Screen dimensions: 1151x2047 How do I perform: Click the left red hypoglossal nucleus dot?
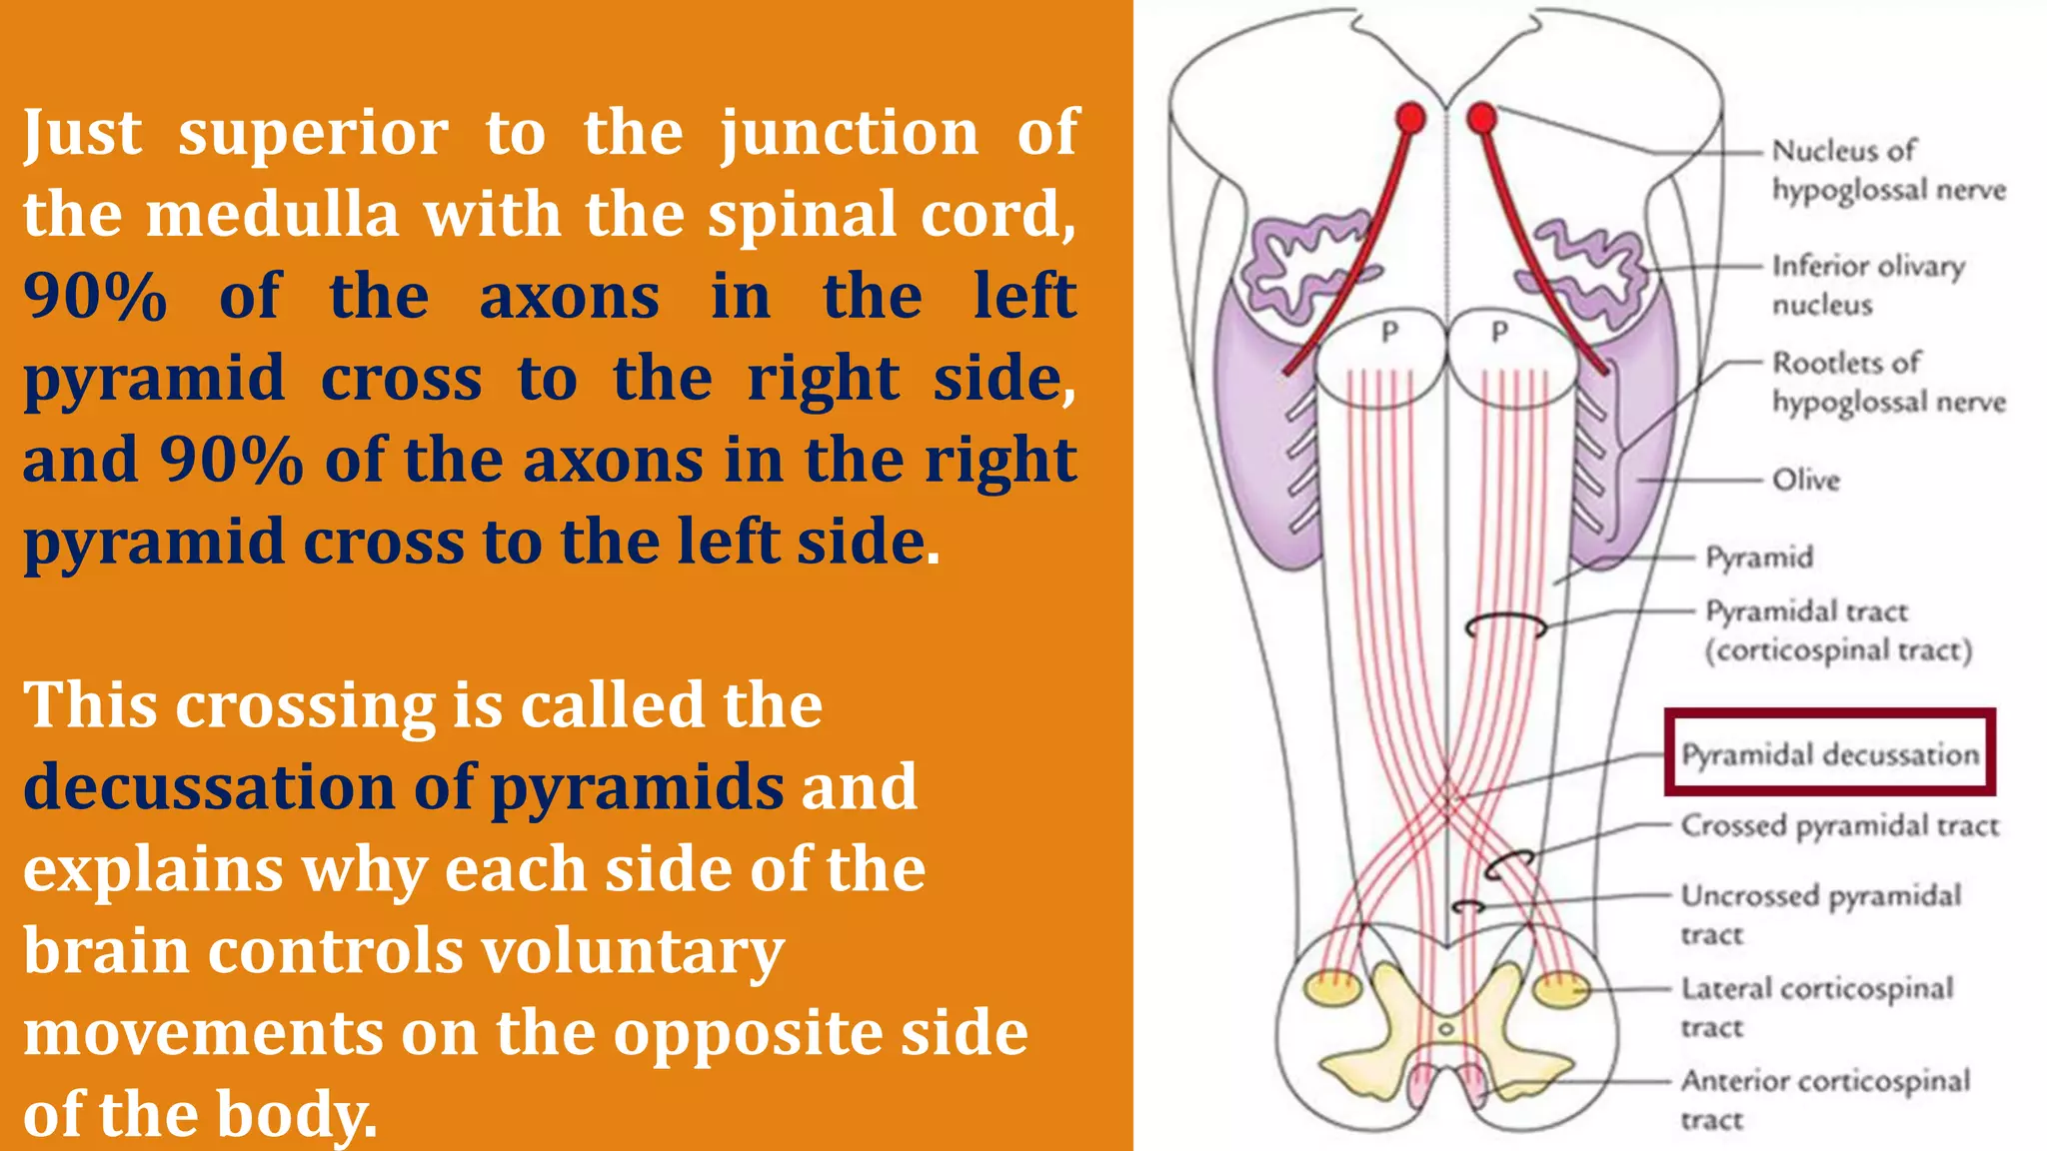(x=1410, y=118)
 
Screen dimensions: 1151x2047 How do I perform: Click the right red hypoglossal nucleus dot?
(x=1481, y=119)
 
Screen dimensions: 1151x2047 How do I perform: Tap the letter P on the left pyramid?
(x=1389, y=332)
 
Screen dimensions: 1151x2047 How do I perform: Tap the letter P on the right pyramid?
(x=1499, y=332)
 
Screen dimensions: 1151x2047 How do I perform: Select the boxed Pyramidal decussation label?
(x=1829, y=753)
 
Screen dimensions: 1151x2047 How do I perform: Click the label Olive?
(x=1805, y=480)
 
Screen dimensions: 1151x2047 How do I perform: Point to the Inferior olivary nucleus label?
(x=1867, y=285)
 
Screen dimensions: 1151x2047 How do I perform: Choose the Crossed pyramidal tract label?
(x=1839, y=825)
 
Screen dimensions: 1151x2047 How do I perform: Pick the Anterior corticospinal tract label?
(x=1825, y=1099)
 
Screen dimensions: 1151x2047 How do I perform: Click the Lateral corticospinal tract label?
(x=1816, y=1007)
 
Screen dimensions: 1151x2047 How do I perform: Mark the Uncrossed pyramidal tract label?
(x=1820, y=913)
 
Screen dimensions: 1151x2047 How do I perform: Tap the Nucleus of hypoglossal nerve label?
(x=1888, y=170)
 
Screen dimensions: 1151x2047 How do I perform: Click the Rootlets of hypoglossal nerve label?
(x=1888, y=382)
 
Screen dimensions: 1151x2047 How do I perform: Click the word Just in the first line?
(x=82, y=133)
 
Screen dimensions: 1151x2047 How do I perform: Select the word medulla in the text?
(x=272, y=215)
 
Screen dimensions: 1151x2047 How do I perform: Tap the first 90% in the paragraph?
(x=95, y=297)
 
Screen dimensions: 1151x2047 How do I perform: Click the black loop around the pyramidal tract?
(x=1505, y=625)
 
